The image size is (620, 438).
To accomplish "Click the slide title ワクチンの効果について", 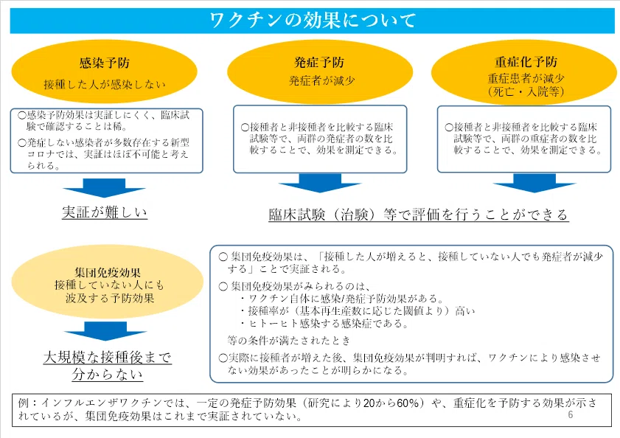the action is coord(313,20).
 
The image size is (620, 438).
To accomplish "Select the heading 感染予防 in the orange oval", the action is coord(105,63).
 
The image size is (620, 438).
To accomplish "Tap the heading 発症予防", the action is coord(319,62).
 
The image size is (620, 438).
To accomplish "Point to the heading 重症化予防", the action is coord(526,61).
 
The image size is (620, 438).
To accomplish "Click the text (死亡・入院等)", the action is coord(526,91).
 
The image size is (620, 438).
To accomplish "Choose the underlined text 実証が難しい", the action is coord(105,212).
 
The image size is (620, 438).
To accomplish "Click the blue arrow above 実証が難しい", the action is coord(105,188).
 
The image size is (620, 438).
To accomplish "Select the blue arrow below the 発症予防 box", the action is coord(320,183).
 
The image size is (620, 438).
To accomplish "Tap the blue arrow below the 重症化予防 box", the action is coord(534,183).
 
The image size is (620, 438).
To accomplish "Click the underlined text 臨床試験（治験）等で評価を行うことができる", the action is coord(419,215).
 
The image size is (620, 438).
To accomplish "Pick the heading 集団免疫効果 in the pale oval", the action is coord(108,272).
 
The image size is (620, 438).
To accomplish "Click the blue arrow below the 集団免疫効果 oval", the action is coord(105,331).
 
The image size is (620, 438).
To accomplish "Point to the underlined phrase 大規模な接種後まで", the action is coord(107,357).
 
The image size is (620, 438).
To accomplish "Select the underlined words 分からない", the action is coord(107,374).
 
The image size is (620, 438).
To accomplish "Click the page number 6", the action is coord(570,414).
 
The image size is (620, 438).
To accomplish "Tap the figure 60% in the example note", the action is coord(408,403).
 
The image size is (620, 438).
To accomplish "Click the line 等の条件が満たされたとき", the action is coord(289,340).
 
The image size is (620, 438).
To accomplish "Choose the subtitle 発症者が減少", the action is coord(322,80).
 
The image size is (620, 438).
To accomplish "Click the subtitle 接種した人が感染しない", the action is coord(105,84).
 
